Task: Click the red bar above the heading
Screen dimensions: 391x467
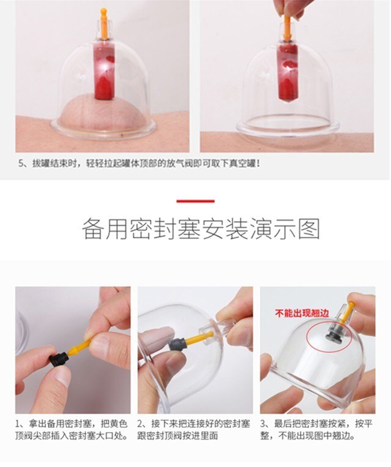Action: [195, 201]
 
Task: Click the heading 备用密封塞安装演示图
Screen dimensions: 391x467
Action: [201, 229]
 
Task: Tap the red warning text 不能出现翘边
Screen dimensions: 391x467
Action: [302, 313]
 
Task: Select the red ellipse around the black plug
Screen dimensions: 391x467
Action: [329, 339]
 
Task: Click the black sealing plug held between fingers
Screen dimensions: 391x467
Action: [59, 359]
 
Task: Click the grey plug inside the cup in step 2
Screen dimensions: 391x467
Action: [178, 344]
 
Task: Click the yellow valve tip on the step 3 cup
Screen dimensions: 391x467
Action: [348, 312]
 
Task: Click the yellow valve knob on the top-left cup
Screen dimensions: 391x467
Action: [103, 24]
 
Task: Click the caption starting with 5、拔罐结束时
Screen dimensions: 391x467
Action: [139, 163]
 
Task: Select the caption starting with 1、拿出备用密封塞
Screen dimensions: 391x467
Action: [71, 430]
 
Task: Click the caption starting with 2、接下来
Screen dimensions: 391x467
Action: [194, 430]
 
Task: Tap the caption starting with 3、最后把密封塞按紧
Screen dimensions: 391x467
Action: [316, 430]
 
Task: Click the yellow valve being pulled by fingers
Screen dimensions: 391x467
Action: [287, 28]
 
